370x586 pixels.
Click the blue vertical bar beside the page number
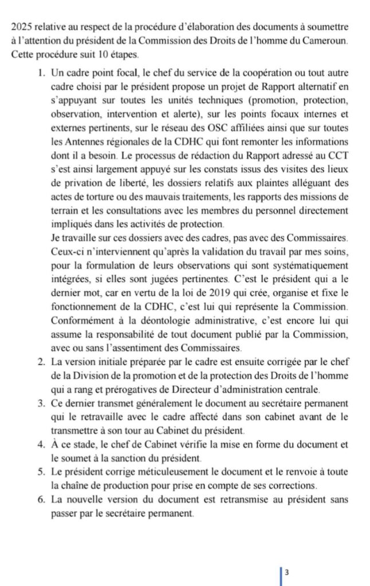coord(280,574)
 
